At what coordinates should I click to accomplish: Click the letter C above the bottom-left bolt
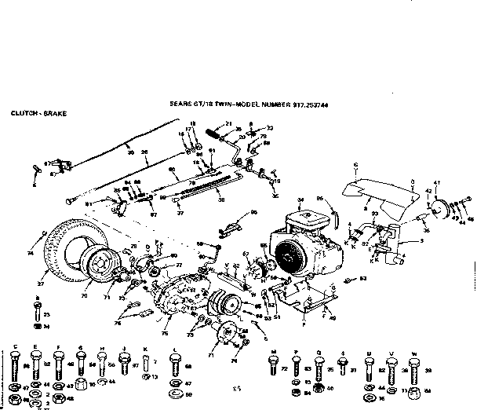16,346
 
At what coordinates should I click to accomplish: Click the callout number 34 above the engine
300,200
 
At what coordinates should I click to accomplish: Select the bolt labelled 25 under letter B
38,313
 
